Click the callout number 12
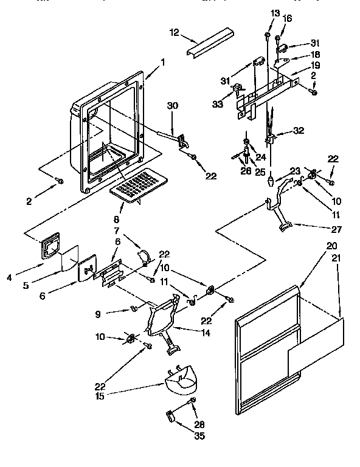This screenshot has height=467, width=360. (175, 32)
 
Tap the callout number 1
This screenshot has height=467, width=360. (163, 61)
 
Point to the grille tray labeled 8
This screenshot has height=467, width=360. (139, 184)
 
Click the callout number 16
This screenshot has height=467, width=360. (288, 19)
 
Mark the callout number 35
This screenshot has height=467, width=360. (198, 435)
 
